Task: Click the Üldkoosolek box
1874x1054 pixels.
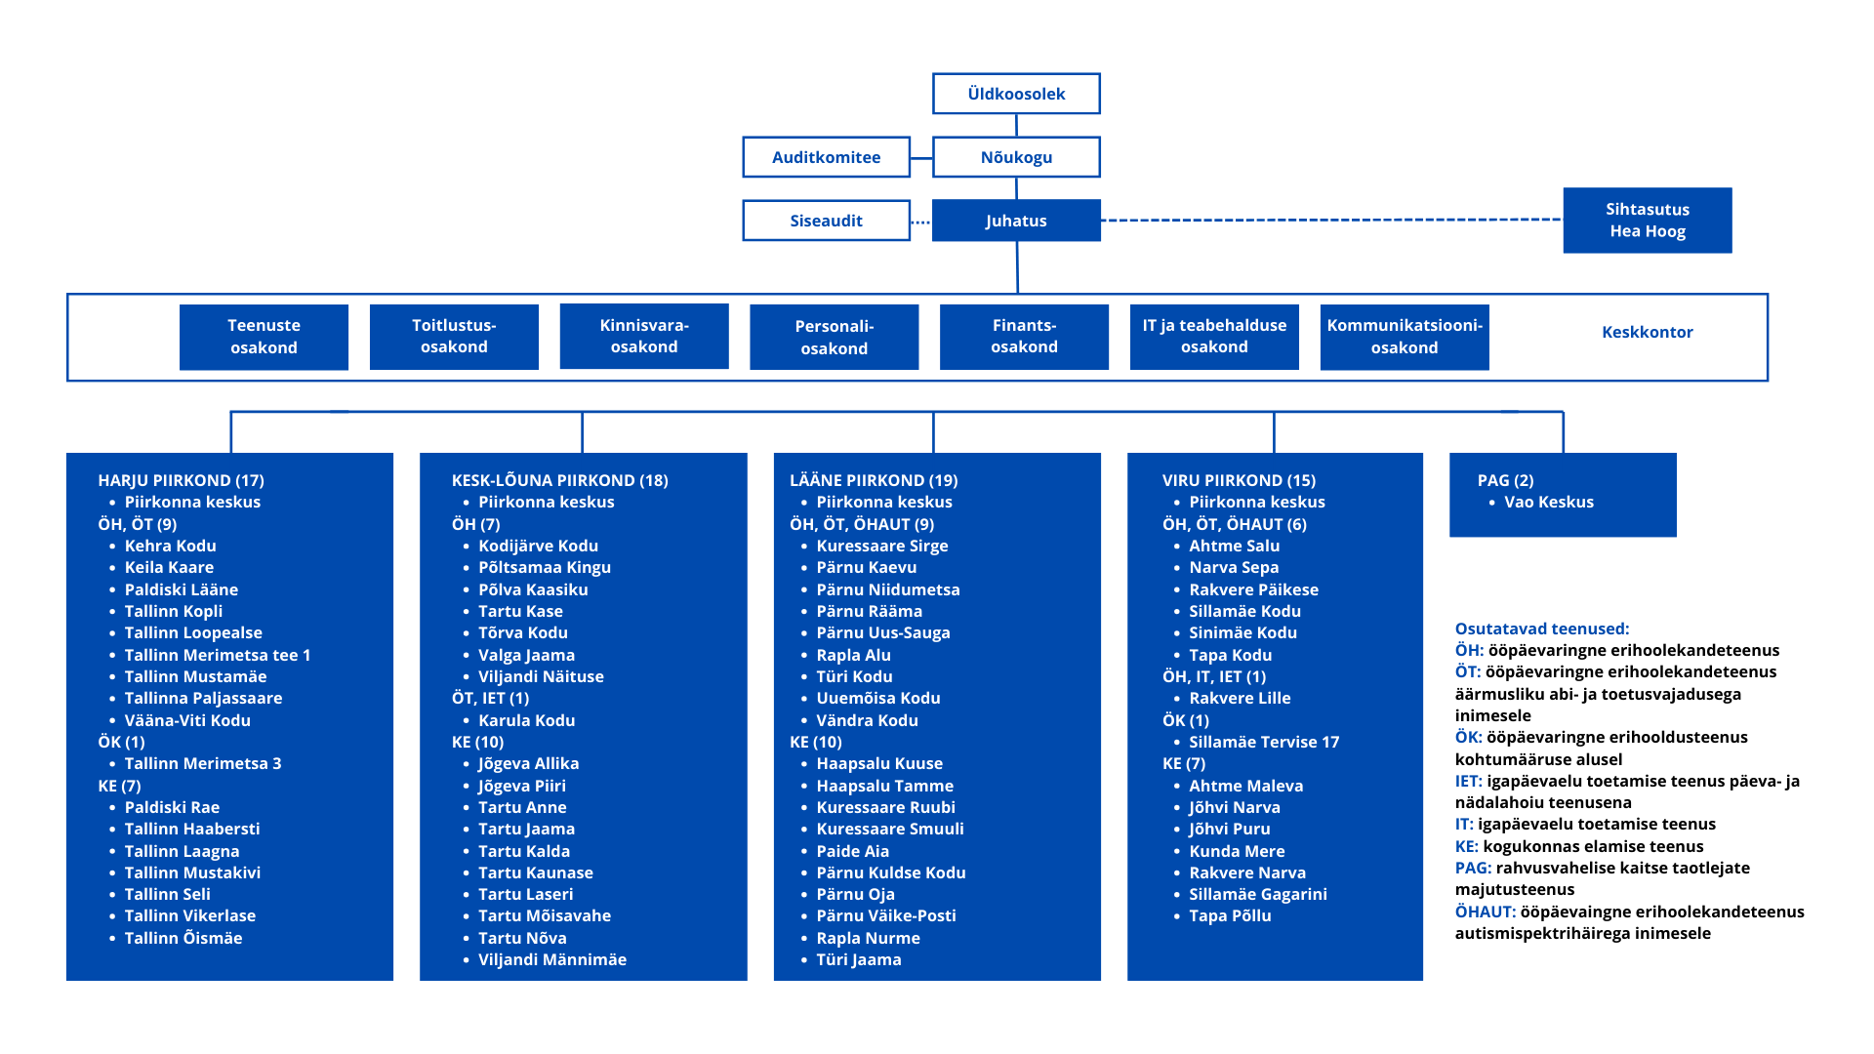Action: tap(1016, 94)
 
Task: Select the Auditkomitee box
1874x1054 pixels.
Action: tap(826, 157)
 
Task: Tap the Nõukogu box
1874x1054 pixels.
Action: tap(1016, 157)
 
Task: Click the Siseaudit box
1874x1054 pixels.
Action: tap(826, 221)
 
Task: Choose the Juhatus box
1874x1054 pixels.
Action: tap(1016, 221)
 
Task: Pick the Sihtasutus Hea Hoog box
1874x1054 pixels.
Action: tap(1648, 221)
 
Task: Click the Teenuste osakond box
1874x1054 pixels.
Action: tap(264, 337)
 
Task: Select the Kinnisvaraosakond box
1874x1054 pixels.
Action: tap(644, 337)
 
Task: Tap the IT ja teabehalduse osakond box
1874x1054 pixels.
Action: tap(1214, 337)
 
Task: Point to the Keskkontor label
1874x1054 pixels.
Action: tap(1648, 332)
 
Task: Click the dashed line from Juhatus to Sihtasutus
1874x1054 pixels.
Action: tap(1332, 221)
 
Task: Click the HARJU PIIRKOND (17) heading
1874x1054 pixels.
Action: tap(181, 480)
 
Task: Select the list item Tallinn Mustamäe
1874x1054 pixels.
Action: tap(195, 676)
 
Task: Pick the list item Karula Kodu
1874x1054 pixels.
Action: tap(527, 720)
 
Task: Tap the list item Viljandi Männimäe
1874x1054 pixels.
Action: tap(552, 959)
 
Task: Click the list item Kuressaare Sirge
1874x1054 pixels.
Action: tap(882, 546)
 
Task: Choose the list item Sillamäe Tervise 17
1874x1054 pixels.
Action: tap(1264, 742)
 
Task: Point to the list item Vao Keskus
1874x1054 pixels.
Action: tap(1549, 502)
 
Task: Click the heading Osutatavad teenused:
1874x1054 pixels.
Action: tap(1542, 628)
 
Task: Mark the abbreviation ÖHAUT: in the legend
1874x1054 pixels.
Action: tap(1486, 912)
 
